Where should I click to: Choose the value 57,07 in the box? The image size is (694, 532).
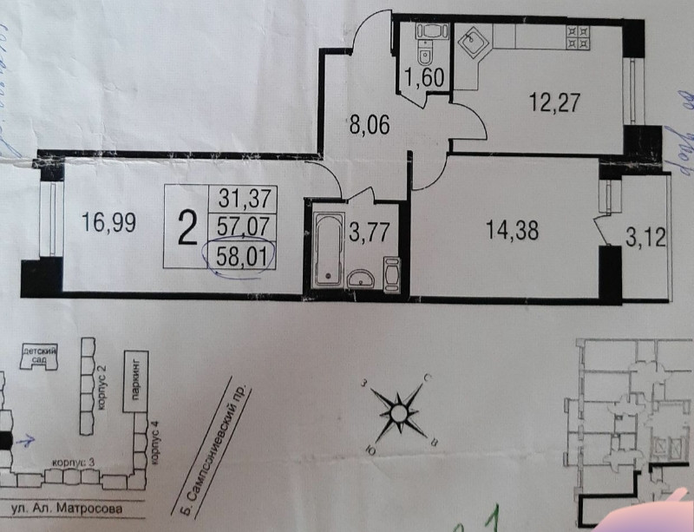pos(243,228)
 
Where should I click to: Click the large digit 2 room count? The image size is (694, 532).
pos(186,228)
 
